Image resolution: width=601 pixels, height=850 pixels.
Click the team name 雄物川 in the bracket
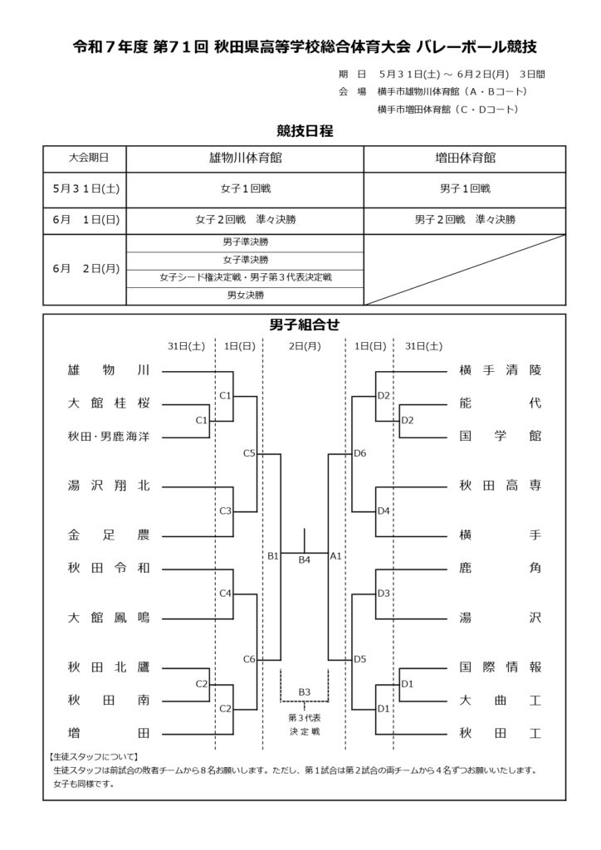[x=109, y=371]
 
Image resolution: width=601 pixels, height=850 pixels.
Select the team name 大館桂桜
[x=109, y=403]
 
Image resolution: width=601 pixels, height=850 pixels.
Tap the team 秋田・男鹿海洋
[x=109, y=437]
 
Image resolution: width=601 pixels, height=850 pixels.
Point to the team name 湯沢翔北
[x=109, y=486]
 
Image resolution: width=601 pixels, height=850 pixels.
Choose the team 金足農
[x=109, y=535]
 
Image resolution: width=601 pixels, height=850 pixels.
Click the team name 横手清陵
[x=501, y=371]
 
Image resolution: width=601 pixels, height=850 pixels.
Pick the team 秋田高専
[x=501, y=486]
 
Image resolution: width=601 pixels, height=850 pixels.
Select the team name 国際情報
[x=501, y=667]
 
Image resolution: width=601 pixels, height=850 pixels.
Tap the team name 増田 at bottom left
[x=109, y=734]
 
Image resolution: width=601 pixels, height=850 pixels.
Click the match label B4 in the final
[x=305, y=560]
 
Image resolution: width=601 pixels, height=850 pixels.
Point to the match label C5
[x=249, y=453]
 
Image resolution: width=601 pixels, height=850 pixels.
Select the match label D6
[x=359, y=453]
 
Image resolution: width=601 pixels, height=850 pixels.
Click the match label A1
[x=335, y=555]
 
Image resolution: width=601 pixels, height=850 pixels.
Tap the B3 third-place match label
[x=305, y=692]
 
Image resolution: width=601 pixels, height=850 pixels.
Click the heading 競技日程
[x=305, y=130]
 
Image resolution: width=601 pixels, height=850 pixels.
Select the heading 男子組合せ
[x=305, y=325]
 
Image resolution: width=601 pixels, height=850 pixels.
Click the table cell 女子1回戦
[x=246, y=188]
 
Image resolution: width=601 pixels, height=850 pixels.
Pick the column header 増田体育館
[x=465, y=159]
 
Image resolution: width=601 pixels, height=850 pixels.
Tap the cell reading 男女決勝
[x=246, y=296]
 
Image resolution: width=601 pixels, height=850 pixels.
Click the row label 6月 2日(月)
[x=86, y=269]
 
